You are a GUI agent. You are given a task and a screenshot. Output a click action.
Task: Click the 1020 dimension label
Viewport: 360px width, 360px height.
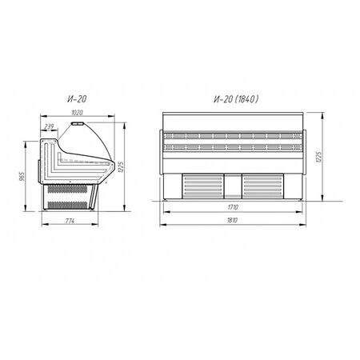[77, 113]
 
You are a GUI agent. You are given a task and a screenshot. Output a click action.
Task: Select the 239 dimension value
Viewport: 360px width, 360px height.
[49, 126]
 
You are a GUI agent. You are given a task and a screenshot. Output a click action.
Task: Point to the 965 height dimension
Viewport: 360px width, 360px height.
[22, 176]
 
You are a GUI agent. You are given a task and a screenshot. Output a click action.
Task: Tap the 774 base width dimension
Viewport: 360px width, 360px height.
[70, 221]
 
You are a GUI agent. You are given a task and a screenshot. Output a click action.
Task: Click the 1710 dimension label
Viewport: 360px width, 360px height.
[233, 207]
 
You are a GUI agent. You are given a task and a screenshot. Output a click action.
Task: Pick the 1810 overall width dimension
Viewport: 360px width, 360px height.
[232, 220]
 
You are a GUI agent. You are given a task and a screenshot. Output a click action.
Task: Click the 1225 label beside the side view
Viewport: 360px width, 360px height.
[120, 167]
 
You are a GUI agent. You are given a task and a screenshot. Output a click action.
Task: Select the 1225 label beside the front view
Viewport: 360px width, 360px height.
[318, 157]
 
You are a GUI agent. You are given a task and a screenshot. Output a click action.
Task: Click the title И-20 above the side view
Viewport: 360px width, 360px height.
[77, 99]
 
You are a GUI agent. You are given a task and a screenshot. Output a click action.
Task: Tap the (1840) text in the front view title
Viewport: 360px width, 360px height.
[246, 99]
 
